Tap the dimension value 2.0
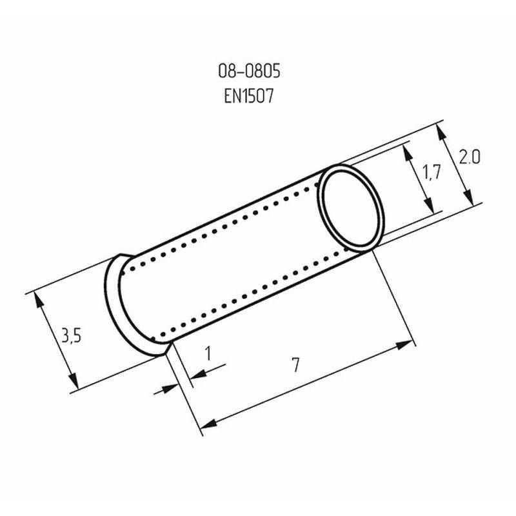pos(469,157)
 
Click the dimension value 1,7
pos(430,172)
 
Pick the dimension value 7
pos(295,365)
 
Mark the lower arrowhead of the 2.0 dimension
pos(470,197)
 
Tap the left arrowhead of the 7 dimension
pos(206,423)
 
